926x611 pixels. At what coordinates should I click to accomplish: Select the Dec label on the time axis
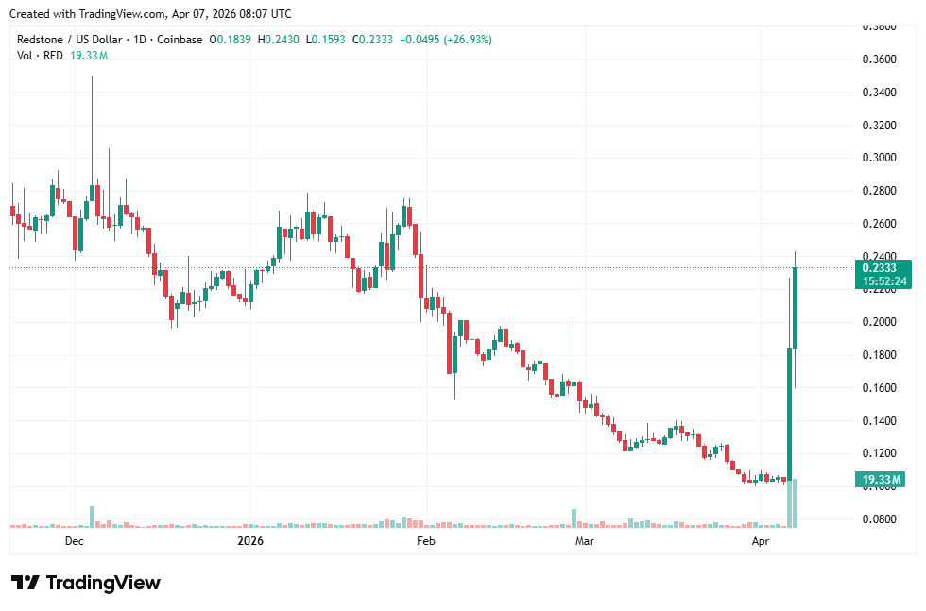coord(75,541)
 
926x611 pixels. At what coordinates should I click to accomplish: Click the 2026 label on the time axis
coord(250,541)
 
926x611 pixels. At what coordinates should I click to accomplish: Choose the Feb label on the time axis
coord(426,541)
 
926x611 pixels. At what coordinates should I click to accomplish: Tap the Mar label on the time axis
coord(585,541)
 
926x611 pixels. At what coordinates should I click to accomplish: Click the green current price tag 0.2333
coord(884,268)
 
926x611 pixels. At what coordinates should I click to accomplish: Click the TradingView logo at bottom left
coord(86,583)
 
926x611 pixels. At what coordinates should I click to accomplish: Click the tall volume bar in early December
coord(93,517)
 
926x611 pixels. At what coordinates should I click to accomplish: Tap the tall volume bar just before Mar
coord(574,518)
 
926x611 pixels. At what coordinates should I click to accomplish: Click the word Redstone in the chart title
coord(43,39)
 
